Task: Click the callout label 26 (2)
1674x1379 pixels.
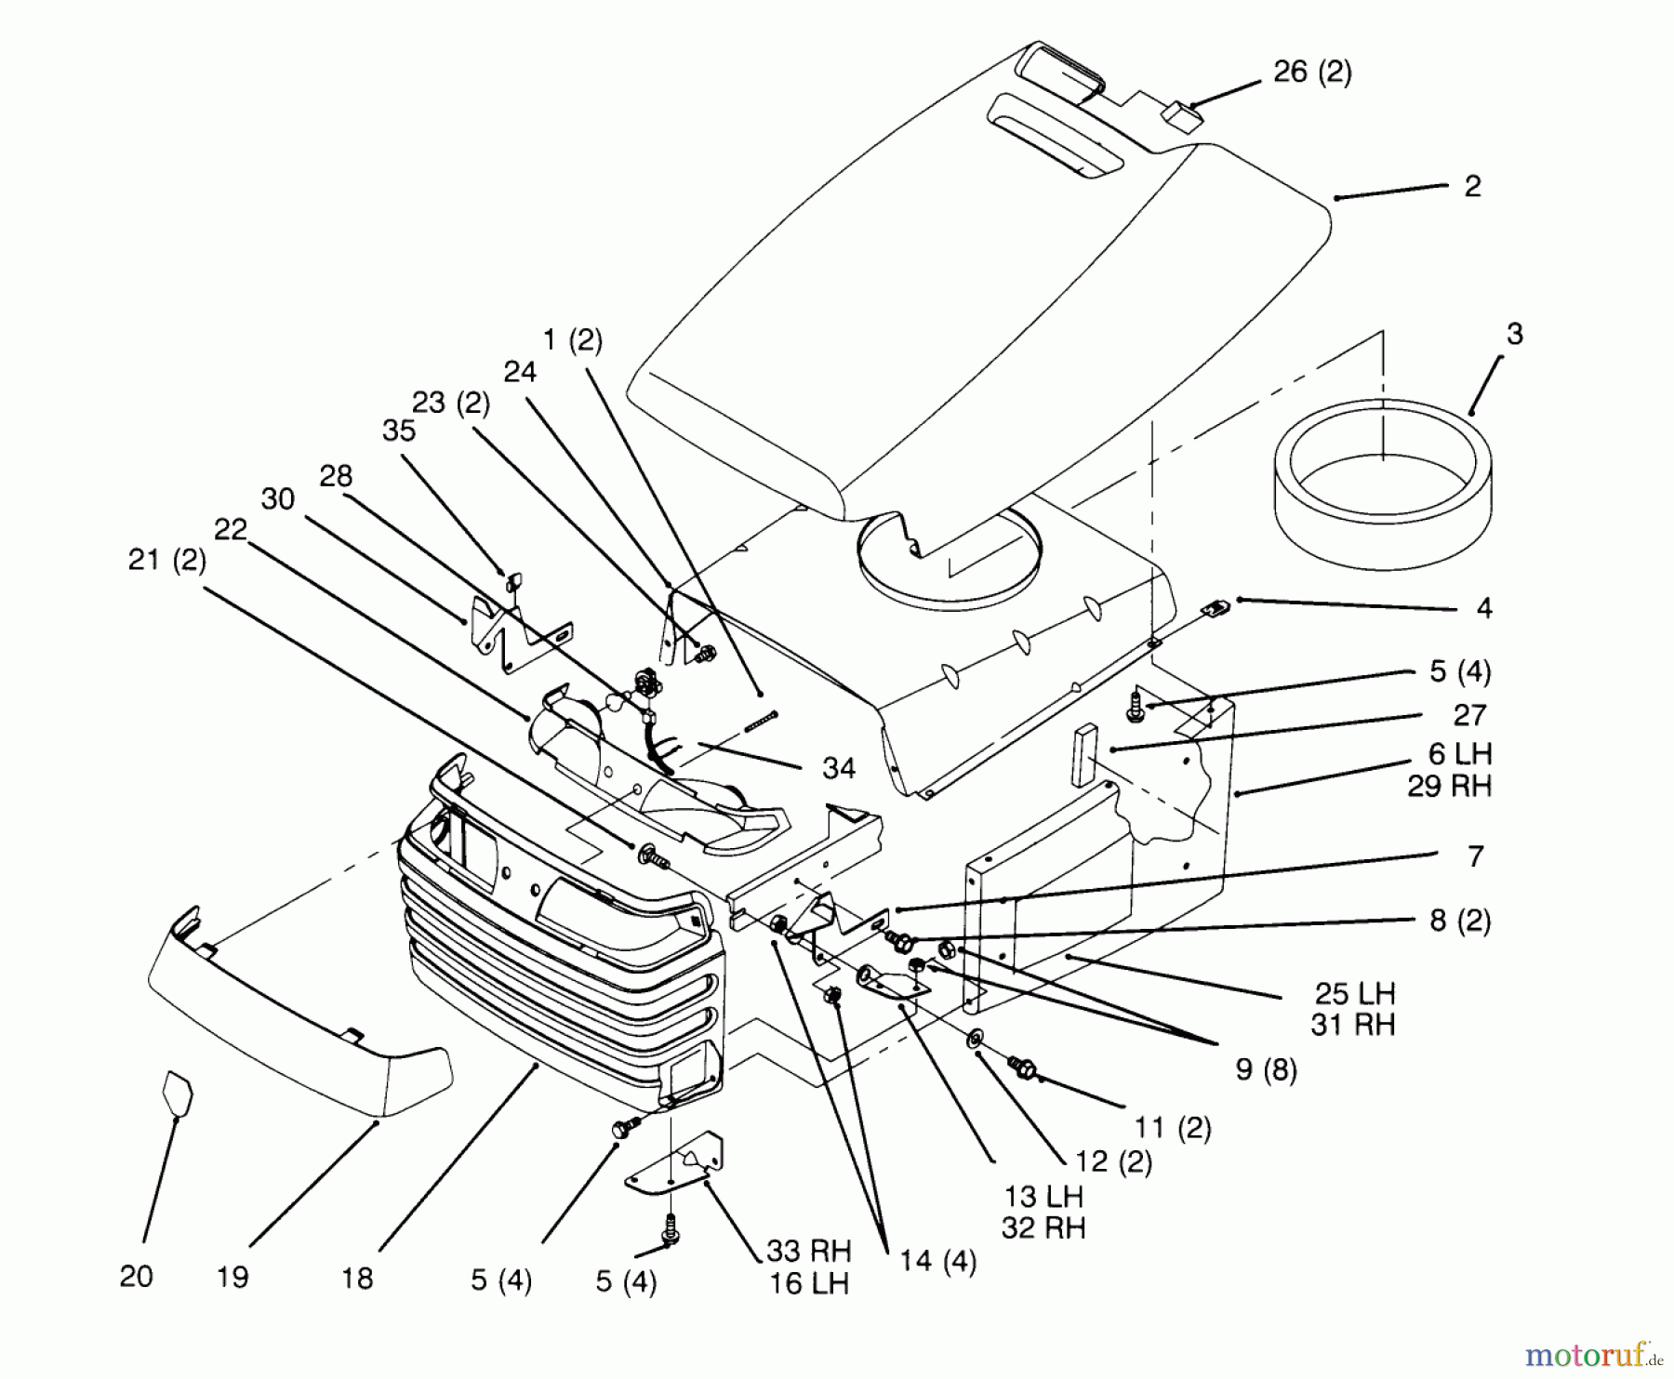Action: pyautogui.click(x=1312, y=72)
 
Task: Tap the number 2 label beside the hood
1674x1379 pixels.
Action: pyautogui.click(x=1472, y=186)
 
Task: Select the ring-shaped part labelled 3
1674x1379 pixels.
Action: pyautogui.click(x=1383, y=484)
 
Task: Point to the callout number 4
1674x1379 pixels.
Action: pyautogui.click(x=1483, y=608)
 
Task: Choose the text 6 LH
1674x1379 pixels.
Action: pyautogui.click(x=1460, y=753)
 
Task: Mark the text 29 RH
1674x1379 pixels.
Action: pyautogui.click(x=1449, y=787)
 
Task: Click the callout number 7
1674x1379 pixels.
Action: pyautogui.click(x=1476, y=856)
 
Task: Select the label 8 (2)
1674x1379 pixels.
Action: pyautogui.click(x=1460, y=921)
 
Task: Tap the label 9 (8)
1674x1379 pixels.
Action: pyautogui.click(x=1266, y=1069)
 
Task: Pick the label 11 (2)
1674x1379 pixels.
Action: pyautogui.click(x=1173, y=1128)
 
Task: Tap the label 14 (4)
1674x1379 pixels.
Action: pyautogui.click(x=937, y=1262)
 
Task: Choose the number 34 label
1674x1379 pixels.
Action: pyautogui.click(x=839, y=768)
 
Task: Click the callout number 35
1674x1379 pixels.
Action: pyautogui.click(x=399, y=431)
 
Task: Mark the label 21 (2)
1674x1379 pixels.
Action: pyautogui.click(x=167, y=561)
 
